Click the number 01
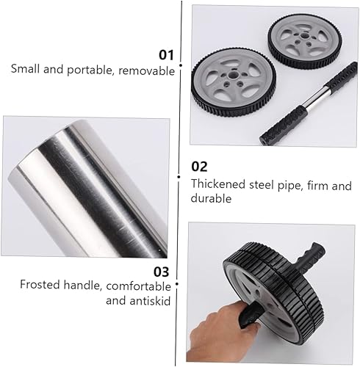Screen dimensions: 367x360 pos(166,54)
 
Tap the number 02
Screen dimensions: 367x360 pos(199,167)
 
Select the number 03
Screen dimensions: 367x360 pos(162,270)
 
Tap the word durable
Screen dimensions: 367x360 pos(210,198)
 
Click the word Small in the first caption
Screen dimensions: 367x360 pos(26,70)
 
